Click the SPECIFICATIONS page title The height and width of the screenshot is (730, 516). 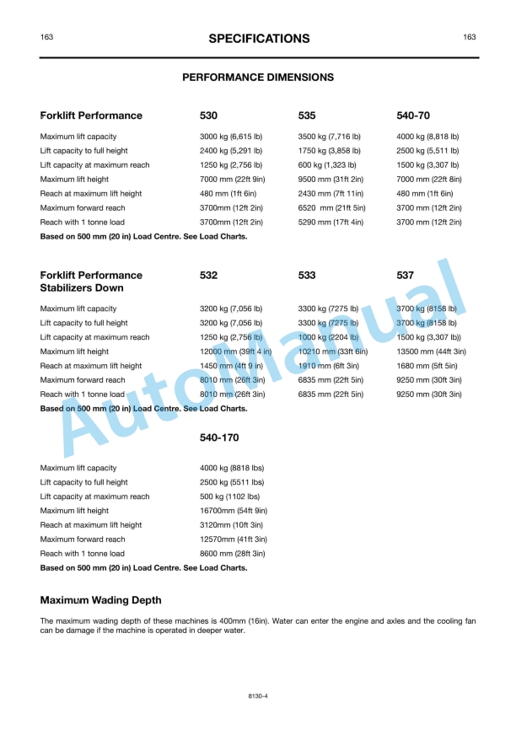pos(258,38)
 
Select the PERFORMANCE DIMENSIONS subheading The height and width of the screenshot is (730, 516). pos(258,77)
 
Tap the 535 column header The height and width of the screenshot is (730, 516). pos(307,115)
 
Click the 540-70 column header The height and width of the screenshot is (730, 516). pos(413,115)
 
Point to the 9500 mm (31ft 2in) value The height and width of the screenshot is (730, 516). pos(331,180)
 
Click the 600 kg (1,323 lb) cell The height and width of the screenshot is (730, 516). pos(327,165)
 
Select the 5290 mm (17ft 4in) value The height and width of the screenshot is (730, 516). pos(331,223)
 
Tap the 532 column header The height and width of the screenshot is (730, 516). pos(208,275)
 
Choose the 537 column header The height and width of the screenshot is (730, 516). pos(405,275)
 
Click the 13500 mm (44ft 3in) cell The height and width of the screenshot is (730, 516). pos(431,352)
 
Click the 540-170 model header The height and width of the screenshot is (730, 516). pos(218,438)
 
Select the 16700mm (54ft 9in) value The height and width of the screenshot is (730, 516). pos(234,511)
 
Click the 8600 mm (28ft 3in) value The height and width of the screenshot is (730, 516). pos(232,554)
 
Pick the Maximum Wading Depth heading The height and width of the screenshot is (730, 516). pos(100,600)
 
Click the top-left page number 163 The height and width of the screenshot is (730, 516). pos(47,37)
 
